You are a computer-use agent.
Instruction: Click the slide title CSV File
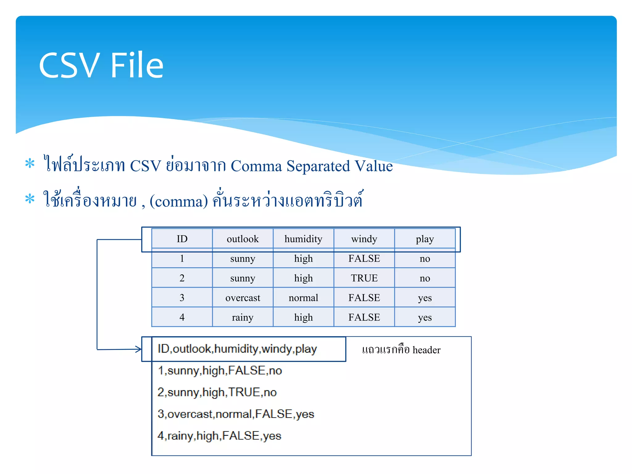click(x=101, y=65)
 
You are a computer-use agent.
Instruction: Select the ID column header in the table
click(x=182, y=239)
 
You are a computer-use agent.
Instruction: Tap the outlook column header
click(x=243, y=239)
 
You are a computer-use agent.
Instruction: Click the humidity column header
click(x=303, y=239)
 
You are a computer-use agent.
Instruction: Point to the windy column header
click(x=364, y=239)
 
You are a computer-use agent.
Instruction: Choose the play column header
click(x=425, y=239)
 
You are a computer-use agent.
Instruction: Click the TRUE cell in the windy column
click(x=364, y=278)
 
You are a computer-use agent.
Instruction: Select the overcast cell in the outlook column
click(x=243, y=298)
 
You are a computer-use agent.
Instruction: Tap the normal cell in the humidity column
click(x=303, y=298)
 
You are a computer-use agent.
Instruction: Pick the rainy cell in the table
click(x=243, y=317)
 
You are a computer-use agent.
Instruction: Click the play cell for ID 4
click(x=425, y=317)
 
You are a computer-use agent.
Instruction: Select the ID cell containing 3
click(x=182, y=298)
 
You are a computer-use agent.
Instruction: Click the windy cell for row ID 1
click(x=364, y=259)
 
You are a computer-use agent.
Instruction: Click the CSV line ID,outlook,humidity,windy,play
click(x=237, y=349)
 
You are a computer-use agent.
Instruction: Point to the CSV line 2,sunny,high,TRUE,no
click(x=217, y=392)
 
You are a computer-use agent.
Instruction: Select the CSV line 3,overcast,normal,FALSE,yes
click(x=236, y=414)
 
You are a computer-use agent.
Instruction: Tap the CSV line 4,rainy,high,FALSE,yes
click(x=219, y=436)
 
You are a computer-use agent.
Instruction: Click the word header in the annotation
click(x=426, y=350)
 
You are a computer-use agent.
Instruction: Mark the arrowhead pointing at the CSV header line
click(x=139, y=349)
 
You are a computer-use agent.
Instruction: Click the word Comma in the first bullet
click(x=256, y=166)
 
